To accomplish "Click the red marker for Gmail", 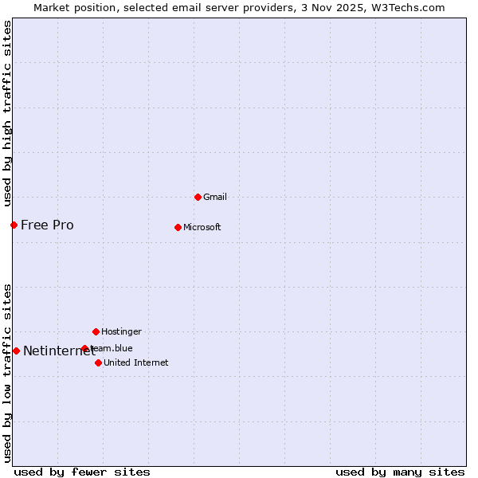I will coord(198,197).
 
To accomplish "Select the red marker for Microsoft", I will coord(178,227).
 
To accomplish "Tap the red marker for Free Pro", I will coord(14,225).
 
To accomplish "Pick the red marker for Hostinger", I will coord(96,331).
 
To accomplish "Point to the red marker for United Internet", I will coord(98,362).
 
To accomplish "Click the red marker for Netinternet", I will coord(16,351).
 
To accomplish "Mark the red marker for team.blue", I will coord(84,348).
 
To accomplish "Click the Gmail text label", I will coord(215,197).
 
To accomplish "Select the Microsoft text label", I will coord(202,227).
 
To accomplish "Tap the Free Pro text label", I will coord(47,225).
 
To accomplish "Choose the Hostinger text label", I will coord(121,331).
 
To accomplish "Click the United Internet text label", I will coord(135,362).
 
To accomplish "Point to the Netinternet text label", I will coord(58,351).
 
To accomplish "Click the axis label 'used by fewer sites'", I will coord(82,472).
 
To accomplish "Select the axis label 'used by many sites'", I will coord(400,472).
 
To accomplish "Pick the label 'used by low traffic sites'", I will coord(7,372).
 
